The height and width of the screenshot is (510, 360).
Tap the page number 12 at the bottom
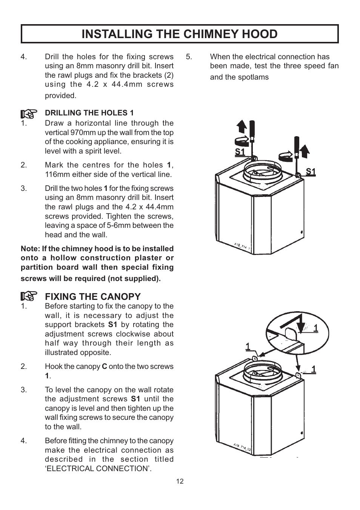tap(180, 481)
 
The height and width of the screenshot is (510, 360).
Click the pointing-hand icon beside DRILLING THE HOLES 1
tap(29, 113)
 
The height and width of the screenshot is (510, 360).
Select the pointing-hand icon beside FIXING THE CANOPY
tap(29, 296)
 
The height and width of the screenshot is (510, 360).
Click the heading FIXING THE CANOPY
tap(93, 296)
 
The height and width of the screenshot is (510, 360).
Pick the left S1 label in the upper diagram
tap(240, 152)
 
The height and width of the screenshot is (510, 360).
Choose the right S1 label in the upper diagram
tap(311, 172)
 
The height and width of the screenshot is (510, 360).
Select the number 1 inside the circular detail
tap(315, 328)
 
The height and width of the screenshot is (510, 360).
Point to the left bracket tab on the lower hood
tap(254, 358)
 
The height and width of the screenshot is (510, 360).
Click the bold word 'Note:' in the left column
tap(30, 249)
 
